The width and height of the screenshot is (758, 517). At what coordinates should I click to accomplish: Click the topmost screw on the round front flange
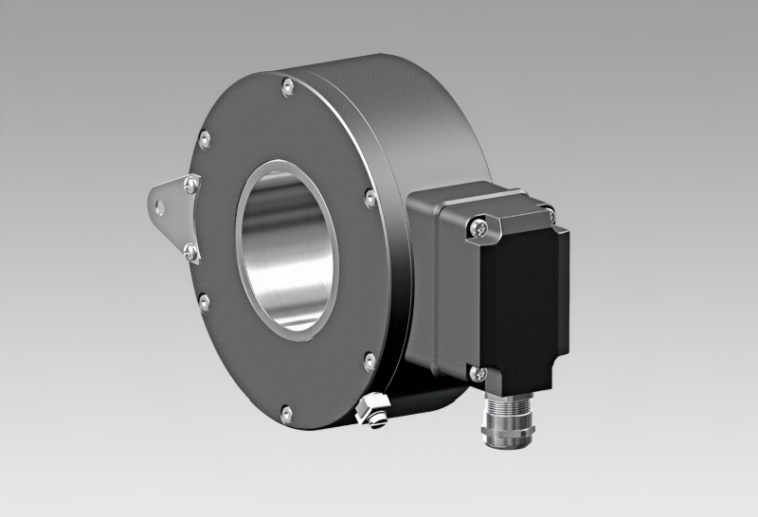286,88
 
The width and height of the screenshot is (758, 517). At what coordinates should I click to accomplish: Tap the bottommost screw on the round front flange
287,411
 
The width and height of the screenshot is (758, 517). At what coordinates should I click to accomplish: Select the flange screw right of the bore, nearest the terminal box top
370,199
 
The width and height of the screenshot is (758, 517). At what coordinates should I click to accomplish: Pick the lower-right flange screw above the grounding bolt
369,360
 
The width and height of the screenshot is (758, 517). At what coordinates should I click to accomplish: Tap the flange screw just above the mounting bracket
204,139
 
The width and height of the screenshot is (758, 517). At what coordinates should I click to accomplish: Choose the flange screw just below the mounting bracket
204,301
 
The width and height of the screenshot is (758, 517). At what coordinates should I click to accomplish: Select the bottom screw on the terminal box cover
481,374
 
